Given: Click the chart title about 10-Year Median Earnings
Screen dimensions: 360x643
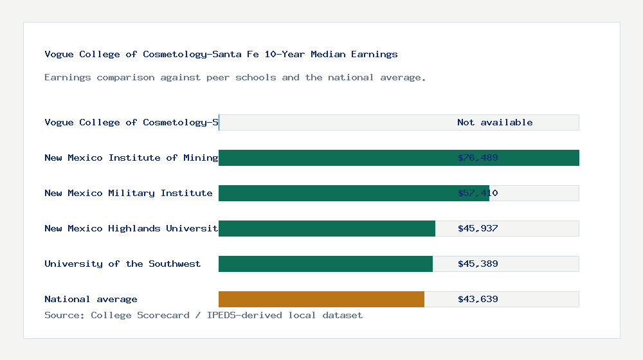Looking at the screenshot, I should pyautogui.click(x=221, y=55).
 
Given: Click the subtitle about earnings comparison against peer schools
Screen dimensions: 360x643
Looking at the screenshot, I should pyautogui.click(x=235, y=78).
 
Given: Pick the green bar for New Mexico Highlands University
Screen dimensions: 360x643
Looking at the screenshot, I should pyautogui.click(x=327, y=229).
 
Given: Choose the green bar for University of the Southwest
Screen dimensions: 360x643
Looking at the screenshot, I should pyautogui.click(x=325, y=264).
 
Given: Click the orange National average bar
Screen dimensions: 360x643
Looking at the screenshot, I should pyautogui.click(x=321, y=300).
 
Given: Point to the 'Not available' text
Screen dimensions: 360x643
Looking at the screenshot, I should pyautogui.click(x=494, y=123).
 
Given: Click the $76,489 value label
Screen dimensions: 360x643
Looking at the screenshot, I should pyautogui.click(x=478, y=158).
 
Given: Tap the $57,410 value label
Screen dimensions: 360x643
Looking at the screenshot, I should pyautogui.click(x=478, y=194).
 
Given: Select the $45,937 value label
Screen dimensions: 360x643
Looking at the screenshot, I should pyautogui.click(x=478, y=229).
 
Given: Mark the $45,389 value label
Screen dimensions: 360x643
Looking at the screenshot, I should pyautogui.click(x=478, y=264).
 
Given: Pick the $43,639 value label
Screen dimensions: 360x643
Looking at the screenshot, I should pyautogui.click(x=478, y=300).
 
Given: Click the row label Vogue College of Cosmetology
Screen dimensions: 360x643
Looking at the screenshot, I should pyautogui.click(x=131, y=123).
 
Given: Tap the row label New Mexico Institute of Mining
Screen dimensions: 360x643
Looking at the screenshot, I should pyautogui.click(x=131, y=158).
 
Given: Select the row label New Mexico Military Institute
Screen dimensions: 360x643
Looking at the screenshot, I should pyautogui.click(x=129, y=194).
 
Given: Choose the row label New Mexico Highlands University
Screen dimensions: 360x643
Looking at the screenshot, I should pyautogui.click(x=131, y=229).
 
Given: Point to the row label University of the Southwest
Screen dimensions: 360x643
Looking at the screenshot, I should pyautogui.click(x=122, y=264).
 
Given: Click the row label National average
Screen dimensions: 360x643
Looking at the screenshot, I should pyautogui.click(x=91, y=300).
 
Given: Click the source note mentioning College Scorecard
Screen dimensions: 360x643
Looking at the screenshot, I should pyautogui.click(x=203, y=316).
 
